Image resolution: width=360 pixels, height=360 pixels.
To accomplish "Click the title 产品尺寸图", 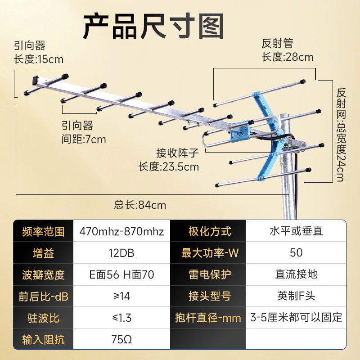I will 153,26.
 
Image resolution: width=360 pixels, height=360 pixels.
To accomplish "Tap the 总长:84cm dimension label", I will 140,205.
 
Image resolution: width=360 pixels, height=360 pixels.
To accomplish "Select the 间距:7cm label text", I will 84,139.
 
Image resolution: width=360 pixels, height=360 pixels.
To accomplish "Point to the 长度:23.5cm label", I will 168,167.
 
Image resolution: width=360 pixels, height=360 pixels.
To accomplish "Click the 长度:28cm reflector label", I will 287,57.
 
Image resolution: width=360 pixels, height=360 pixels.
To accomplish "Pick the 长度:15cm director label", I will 39,59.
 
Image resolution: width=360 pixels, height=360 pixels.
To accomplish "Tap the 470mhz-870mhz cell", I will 121,232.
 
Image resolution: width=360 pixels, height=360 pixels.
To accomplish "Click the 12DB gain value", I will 121,253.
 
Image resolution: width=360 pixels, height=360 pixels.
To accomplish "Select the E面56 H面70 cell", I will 121,274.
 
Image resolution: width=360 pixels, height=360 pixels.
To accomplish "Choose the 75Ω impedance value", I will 121,339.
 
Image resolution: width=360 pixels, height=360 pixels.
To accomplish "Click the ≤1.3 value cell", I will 121,318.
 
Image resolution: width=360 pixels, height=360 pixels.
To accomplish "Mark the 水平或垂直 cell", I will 296,232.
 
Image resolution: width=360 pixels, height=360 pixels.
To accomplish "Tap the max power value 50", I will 296,253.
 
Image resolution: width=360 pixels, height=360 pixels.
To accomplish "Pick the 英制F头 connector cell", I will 296,296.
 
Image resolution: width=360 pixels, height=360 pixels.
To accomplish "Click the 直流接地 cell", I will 296,274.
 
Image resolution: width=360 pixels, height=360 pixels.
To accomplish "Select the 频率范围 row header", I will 43,232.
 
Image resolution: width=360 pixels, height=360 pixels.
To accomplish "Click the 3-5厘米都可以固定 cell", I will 296,318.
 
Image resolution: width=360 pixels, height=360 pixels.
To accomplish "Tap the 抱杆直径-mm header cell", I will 208,318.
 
